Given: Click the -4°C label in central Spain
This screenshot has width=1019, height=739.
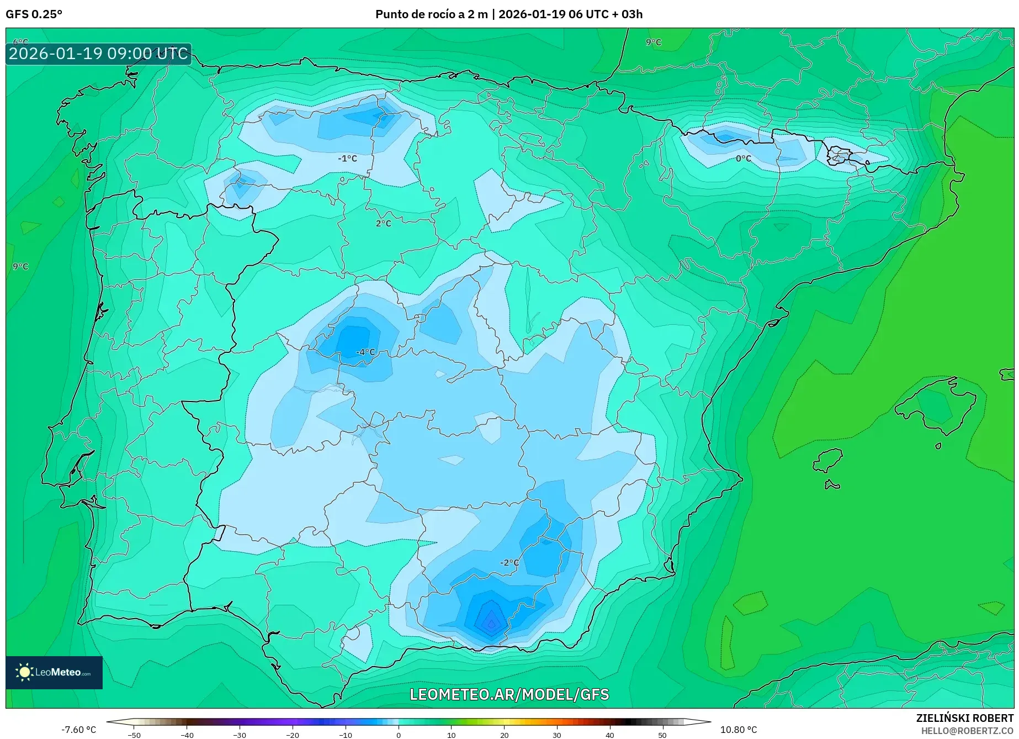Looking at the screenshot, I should pyautogui.click(x=365, y=352).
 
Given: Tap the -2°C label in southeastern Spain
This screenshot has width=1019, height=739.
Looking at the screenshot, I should pyautogui.click(x=509, y=562).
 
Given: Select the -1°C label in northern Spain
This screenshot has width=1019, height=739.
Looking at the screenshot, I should pyautogui.click(x=347, y=159).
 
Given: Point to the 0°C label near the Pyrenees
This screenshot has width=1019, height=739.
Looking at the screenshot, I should pyautogui.click(x=744, y=159).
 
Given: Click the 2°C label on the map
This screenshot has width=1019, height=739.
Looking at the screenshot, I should pyautogui.click(x=383, y=223).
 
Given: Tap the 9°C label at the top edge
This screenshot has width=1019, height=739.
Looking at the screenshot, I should pyautogui.click(x=653, y=42).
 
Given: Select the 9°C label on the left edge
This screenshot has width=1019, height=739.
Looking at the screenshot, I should pyautogui.click(x=20, y=266).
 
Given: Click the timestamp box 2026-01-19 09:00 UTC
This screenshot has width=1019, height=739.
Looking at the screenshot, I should pyautogui.click(x=98, y=54).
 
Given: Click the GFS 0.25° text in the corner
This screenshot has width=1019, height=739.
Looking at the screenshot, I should pyautogui.click(x=34, y=14).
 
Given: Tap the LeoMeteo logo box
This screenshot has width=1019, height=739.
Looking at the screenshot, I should pyautogui.click(x=54, y=672).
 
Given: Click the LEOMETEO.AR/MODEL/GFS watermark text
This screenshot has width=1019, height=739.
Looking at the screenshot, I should pyautogui.click(x=509, y=694).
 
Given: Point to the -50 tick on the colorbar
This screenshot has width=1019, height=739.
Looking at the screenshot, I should pyautogui.click(x=134, y=735).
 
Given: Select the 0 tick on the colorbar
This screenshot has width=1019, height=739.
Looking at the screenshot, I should pyautogui.click(x=399, y=735).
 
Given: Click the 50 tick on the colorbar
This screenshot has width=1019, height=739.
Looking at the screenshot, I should pyautogui.click(x=662, y=735).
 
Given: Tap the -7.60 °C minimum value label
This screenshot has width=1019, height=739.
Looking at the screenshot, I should pyautogui.click(x=78, y=730).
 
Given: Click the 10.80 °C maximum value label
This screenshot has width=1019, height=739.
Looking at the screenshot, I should pyautogui.click(x=738, y=730).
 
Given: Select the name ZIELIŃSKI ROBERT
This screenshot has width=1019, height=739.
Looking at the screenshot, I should pyautogui.click(x=964, y=718).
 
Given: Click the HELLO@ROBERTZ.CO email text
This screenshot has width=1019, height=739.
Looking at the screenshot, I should pyautogui.click(x=967, y=730).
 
